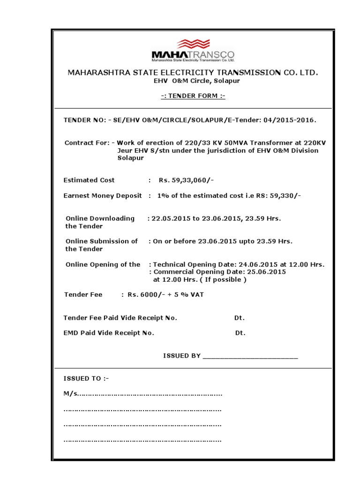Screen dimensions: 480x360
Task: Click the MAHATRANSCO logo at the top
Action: pyautogui.click(x=193, y=50)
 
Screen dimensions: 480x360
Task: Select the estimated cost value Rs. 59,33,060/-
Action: pyautogui.click(x=187, y=180)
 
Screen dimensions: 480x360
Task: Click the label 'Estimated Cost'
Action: pyautogui.click(x=89, y=180)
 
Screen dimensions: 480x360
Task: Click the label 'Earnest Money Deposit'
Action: pyautogui.click(x=103, y=196)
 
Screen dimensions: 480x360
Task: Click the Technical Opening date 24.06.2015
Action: pyautogui.click(x=258, y=264)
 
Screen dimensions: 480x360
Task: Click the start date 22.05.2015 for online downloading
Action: pyautogui.click(x=168, y=218)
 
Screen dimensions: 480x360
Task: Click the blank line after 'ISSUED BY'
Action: pyautogui.click(x=250, y=356)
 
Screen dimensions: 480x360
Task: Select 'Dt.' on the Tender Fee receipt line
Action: pyautogui.click(x=240, y=318)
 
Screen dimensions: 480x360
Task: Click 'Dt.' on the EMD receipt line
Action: pyautogui.click(x=240, y=333)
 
